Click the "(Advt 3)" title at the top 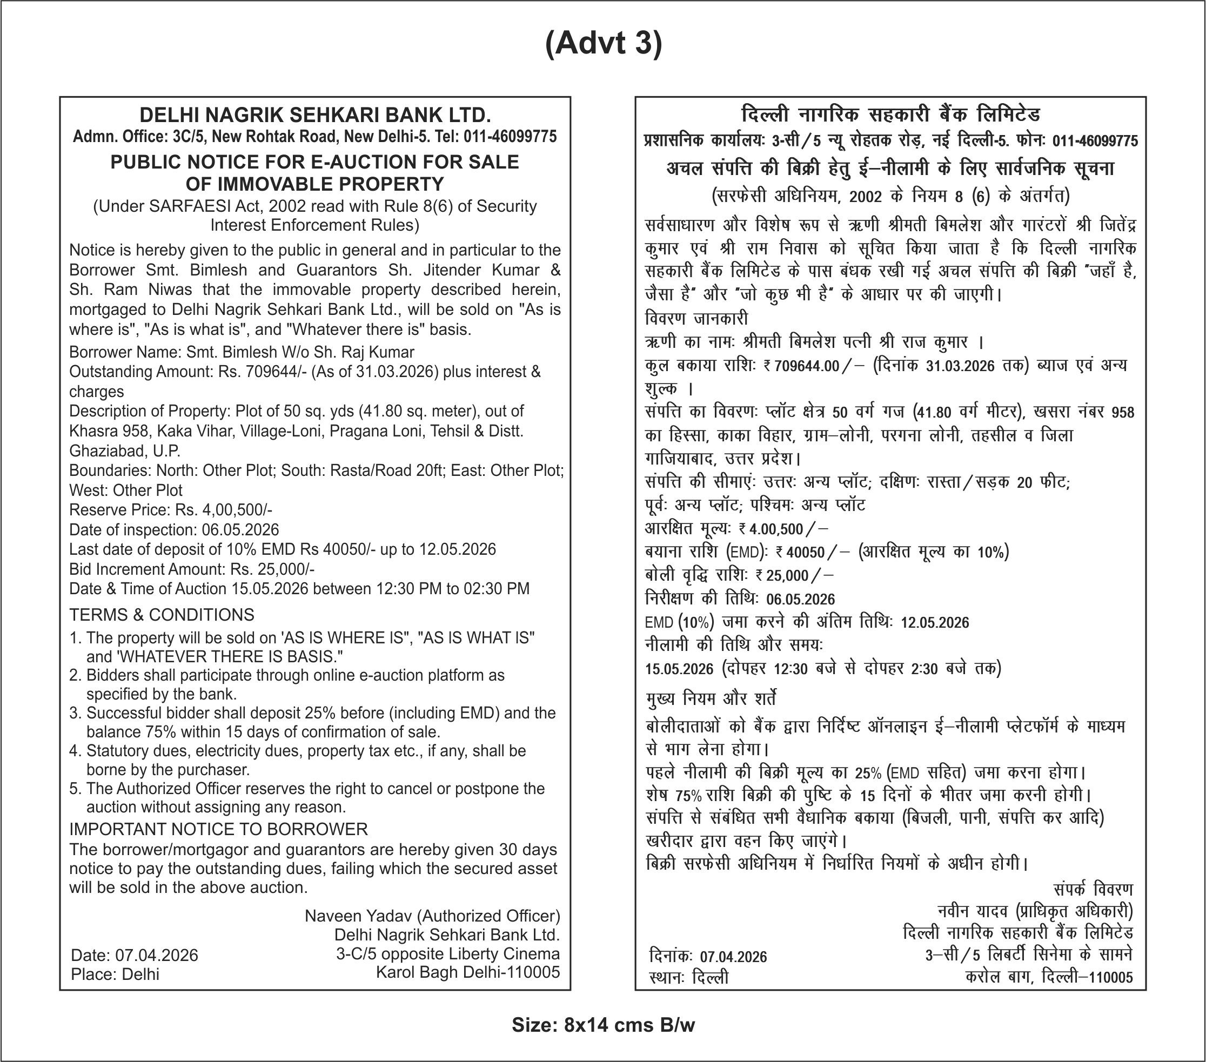(603, 44)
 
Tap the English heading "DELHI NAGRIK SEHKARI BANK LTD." (315, 115)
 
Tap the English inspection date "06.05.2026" (240, 530)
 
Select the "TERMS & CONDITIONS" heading (162, 615)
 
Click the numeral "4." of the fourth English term (75, 751)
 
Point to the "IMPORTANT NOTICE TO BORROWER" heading (218, 829)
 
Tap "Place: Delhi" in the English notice (115, 974)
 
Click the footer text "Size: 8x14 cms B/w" (603, 1025)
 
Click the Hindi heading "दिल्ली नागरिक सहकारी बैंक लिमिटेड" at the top (890, 115)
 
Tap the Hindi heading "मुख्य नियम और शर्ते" (711, 699)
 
